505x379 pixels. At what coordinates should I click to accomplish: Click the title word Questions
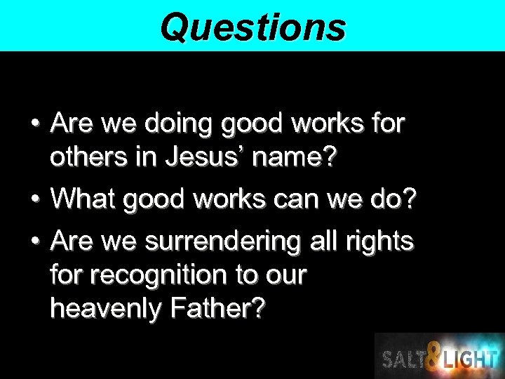(252, 27)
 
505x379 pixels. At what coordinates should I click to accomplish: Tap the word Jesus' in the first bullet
(204, 158)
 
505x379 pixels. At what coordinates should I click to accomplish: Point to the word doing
(178, 124)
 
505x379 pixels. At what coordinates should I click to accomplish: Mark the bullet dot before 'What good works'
(34, 199)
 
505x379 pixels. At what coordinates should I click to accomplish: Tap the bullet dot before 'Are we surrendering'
(34, 241)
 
